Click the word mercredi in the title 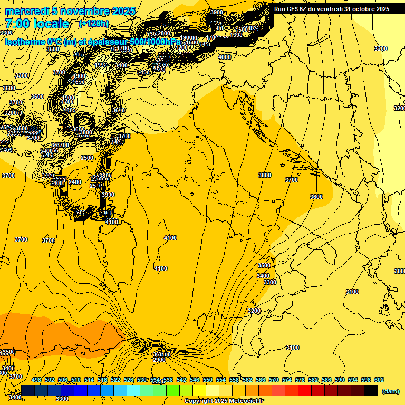pyautogui.click(x=26, y=11)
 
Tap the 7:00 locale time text pyautogui.click(x=37, y=24)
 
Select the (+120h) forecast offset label pyautogui.click(x=94, y=24)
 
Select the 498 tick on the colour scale pyautogui.click(x=36, y=380)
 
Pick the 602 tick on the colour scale pyautogui.click(x=379, y=380)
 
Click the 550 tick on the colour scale pyautogui.click(x=208, y=380)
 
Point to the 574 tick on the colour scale pyautogui.click(x=287, y=380)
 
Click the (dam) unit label pyautogui.click(x=391, y=391)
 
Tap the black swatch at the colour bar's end pyautogui.click(x=371, y=391)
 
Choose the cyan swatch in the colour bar pyautogui.click(x=133, y=391)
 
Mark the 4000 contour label pyautogui.click(x=225, y=57)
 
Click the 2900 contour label pyautogui.click(x=160, y=360)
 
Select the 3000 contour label pyautogui.click(x=400, y=271)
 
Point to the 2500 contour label pyautogui.click(x=87, y=158)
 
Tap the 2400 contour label pyautogui.click(x=75, y=182)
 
